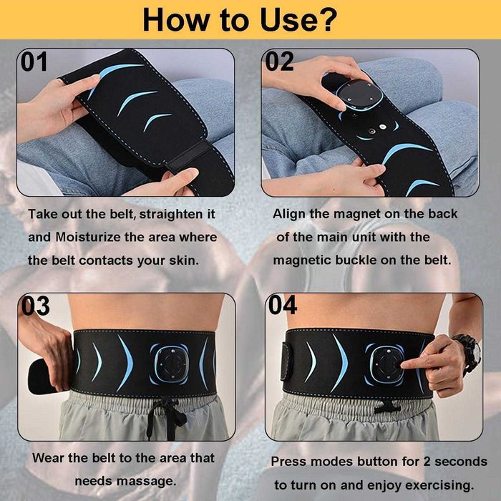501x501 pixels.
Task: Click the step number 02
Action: (x=280, y=62)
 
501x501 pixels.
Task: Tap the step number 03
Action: (x=36, y=306)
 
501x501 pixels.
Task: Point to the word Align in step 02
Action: (x=289, y=214)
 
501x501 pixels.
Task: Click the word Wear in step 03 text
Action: (x=48, y=457)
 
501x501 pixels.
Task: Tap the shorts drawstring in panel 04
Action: (x=387, y=409)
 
